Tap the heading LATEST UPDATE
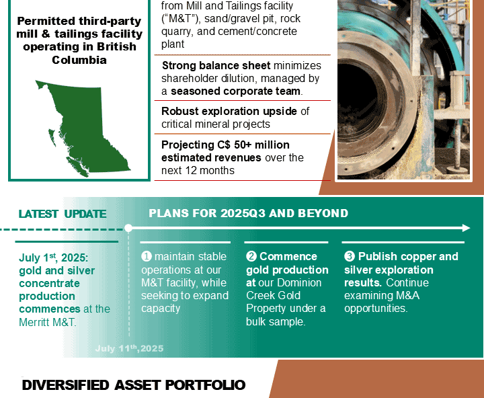point(63,214)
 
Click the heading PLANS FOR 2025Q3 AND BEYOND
point(249,213)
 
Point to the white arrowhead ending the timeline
point(466,228)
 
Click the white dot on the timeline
point(128,228)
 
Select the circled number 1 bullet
point(147,256)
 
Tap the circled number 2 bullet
point(251,256)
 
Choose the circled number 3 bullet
point(350,256)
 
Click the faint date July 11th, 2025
point(129,349)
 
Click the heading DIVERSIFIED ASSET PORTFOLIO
point(134,385)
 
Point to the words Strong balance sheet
point(216,65)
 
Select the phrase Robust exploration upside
point(229,111)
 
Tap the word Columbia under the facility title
point(79,60)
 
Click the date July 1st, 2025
point(53,257)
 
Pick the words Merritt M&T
point(48,322)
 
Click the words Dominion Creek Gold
point(284,289)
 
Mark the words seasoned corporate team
point(235,91)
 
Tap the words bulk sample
point(276,322)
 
